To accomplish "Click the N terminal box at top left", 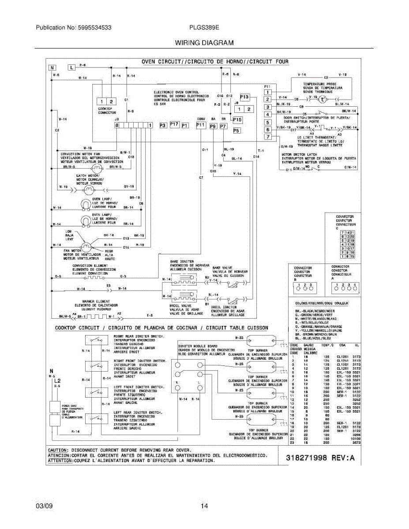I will tap(53, 67).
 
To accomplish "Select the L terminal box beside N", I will tap(72, 67).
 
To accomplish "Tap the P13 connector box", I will tap(244, 97).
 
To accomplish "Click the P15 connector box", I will tap(237, 119).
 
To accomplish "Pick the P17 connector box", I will tap(174, 125).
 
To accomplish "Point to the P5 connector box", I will tap(236, 130).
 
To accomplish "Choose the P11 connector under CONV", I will tap(201, 125).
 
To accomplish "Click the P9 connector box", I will tap(213, 127).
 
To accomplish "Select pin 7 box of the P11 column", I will tap(267, 138).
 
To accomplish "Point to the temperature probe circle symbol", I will tap(323, 99).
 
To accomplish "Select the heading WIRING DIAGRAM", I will tap(204, 43).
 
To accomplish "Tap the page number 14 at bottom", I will tap(204, 506).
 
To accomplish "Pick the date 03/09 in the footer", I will tap(44, 506).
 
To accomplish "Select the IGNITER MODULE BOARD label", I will tap(196, 346).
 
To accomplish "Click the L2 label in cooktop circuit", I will tap(57, 380).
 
